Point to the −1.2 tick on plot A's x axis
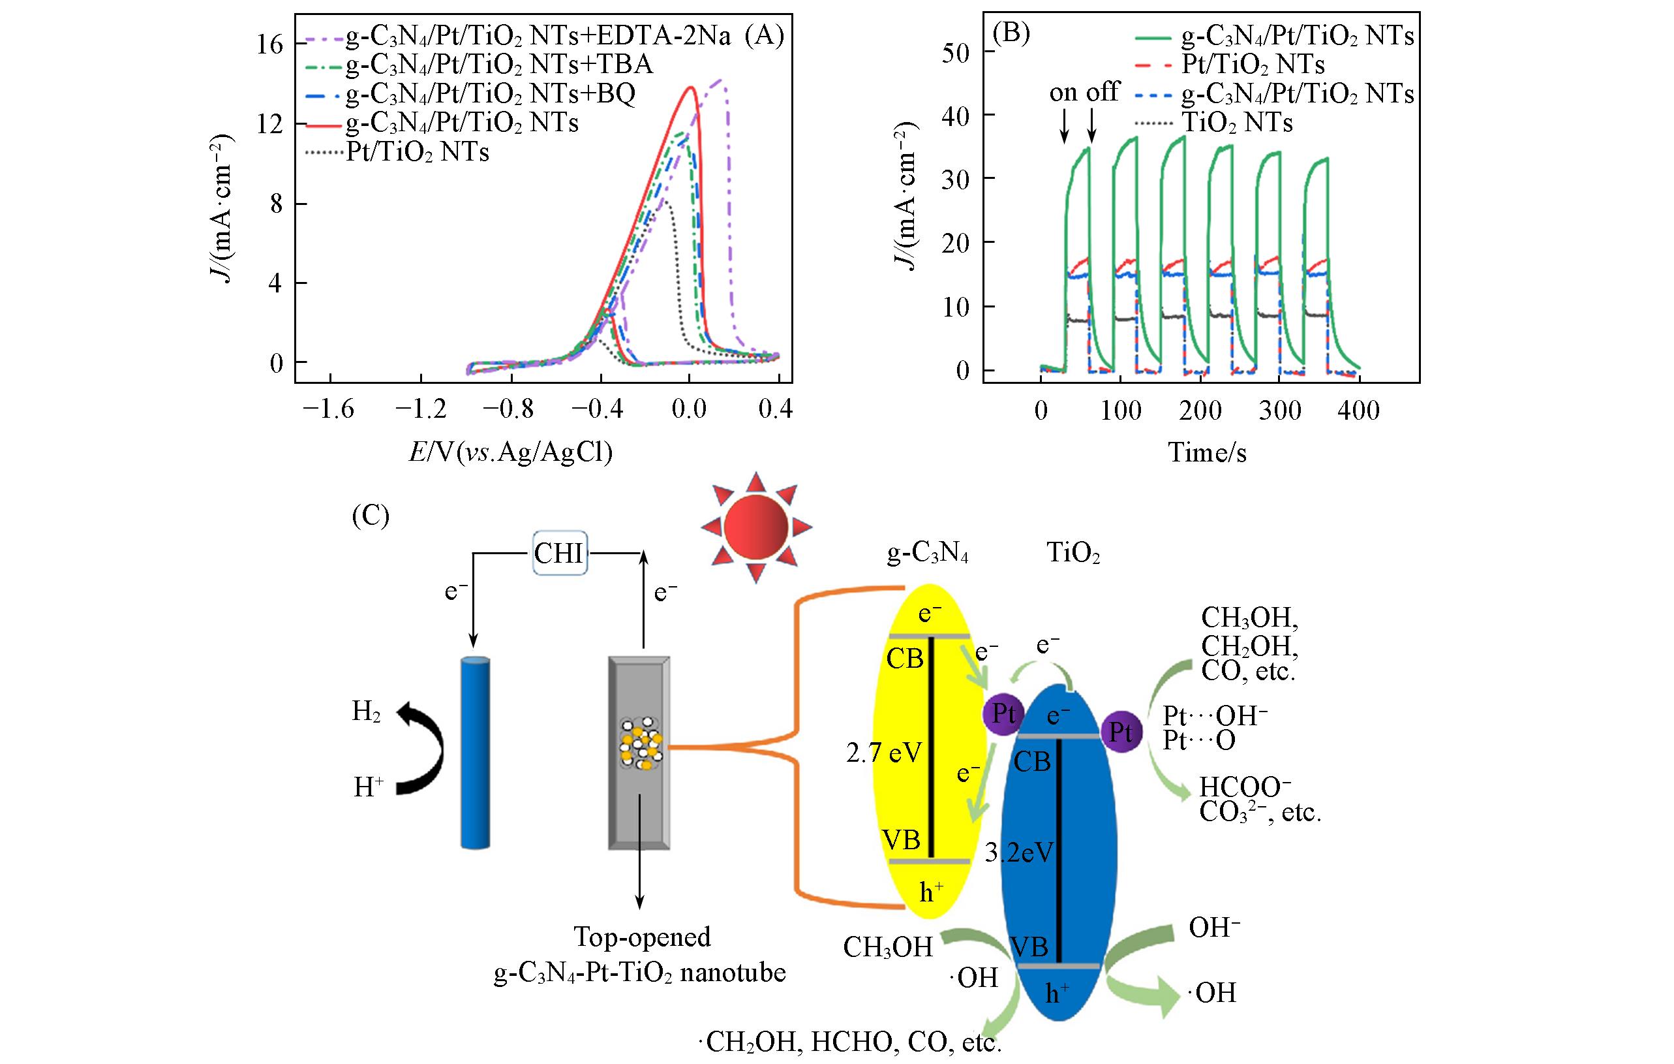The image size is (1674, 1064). (x=420, y=411)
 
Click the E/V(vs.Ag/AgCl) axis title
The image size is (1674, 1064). (x=510, y=453)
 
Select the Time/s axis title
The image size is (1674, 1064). (x=1207, y=453)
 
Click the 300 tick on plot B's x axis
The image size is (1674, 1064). (x=1279, y=411)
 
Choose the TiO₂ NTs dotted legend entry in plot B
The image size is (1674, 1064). (x=1238, y=123)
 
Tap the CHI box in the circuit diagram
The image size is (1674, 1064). (x=560, y=554)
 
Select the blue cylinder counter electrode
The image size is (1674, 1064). (x=475, y=752)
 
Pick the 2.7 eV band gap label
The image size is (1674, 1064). (x=884, y=753)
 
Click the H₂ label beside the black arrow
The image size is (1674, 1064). (x=367, y=712)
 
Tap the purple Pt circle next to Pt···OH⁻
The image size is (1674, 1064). (x=1121, y=732)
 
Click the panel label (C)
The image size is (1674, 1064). (x=371, y=515)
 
